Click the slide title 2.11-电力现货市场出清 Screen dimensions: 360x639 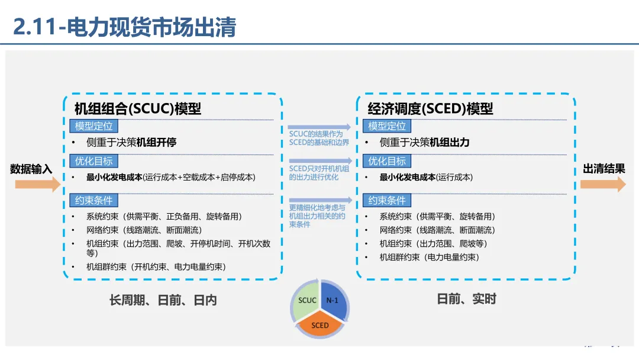point(125,27)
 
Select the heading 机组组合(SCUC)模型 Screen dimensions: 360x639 point(137,109)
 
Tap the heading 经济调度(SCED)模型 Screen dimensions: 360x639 point(430,109)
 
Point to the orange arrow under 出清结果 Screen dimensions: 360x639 point(602,184)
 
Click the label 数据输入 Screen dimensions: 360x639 point(31,169)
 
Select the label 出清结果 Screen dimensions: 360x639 point(603,169)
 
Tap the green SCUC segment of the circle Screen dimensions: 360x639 point(306,301)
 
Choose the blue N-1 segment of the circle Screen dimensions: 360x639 point(334,301)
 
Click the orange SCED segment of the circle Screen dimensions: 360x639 point(320,325)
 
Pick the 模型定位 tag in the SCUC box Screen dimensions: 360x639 point(93,126)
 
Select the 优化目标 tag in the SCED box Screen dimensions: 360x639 point(387,161)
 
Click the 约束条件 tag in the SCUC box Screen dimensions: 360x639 point(93,200)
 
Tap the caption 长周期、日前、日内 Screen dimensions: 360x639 point(163,300)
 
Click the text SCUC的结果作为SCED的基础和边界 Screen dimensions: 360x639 point(319,138)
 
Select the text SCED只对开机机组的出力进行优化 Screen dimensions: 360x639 point(319,173)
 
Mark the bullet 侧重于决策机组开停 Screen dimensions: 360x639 point(131,143)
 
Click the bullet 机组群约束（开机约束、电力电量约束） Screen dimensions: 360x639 point(156,267)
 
